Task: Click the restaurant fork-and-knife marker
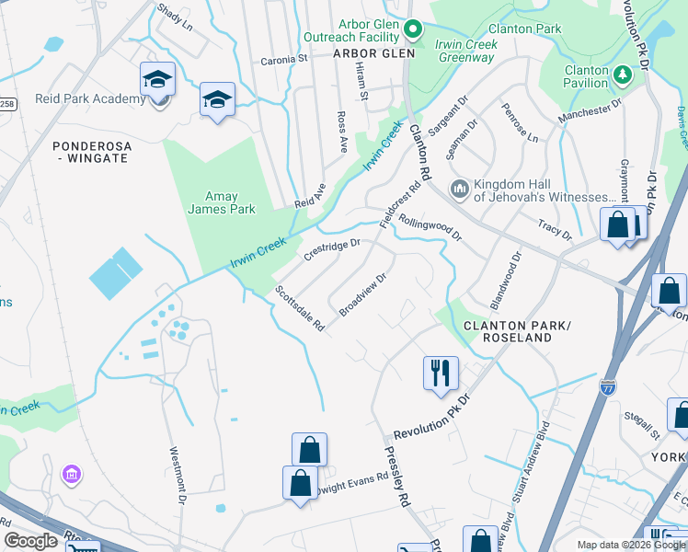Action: point(441,372)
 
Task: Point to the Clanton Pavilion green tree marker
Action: point(622,73)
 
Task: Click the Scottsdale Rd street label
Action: point(300,308)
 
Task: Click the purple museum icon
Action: point(71,475)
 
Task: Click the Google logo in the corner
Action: point(30,541)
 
